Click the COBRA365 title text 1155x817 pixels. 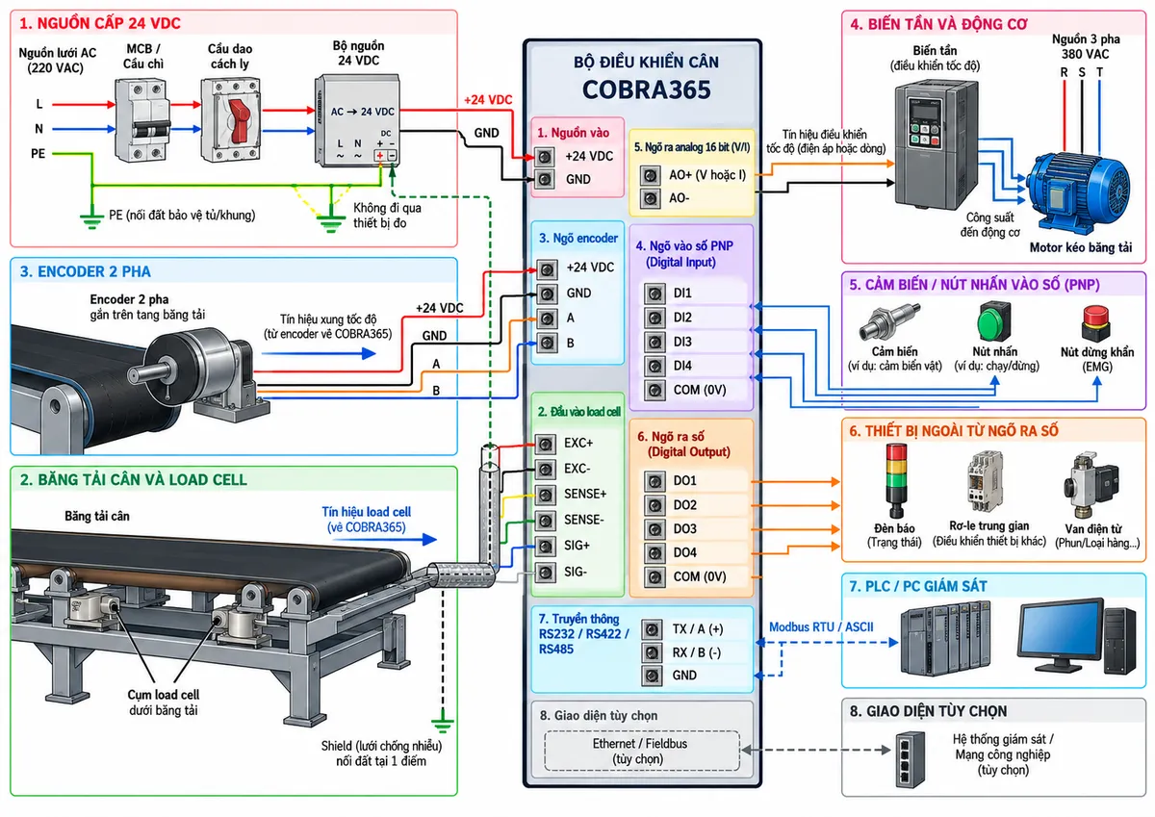646,89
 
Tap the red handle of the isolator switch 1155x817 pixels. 239,121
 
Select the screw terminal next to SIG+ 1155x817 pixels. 545,547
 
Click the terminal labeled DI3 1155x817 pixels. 654,342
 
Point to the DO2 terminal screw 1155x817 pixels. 654,505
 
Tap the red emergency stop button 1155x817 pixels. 1096,322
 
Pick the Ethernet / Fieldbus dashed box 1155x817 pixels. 641,751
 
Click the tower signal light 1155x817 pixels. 896,480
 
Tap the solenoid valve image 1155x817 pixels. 1091,486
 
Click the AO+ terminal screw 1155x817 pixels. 650,176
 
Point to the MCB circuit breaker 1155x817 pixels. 141,120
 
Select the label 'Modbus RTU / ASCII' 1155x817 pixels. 821,626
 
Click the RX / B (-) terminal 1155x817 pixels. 652,652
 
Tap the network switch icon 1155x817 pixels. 910,760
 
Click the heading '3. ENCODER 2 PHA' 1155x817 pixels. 85,271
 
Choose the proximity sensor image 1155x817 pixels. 888,320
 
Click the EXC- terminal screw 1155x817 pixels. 545,470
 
